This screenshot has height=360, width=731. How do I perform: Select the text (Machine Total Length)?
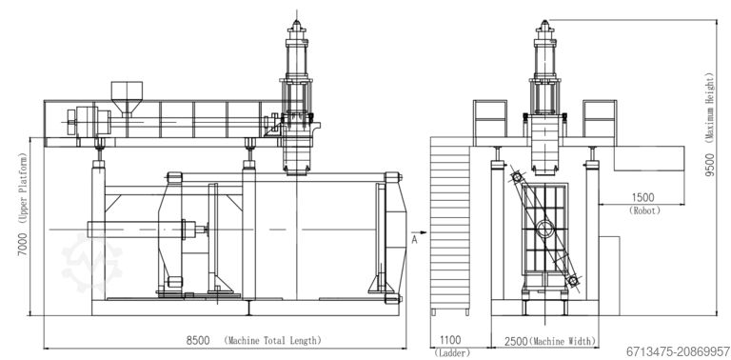[x=272, y=340]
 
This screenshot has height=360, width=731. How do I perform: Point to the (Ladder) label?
[x=449, y=352]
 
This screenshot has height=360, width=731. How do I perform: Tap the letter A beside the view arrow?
[x=415, y=241]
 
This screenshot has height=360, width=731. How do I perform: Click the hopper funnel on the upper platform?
[x=124, y=97]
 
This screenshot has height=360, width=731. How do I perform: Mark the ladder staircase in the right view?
[x=452, y=224]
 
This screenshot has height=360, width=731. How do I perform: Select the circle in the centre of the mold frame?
[x=543, y=228]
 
